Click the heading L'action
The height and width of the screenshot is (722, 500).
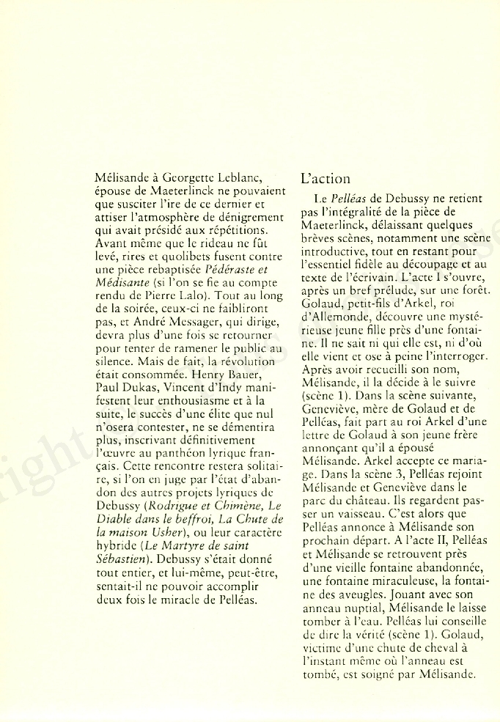[x=326, y=179]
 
